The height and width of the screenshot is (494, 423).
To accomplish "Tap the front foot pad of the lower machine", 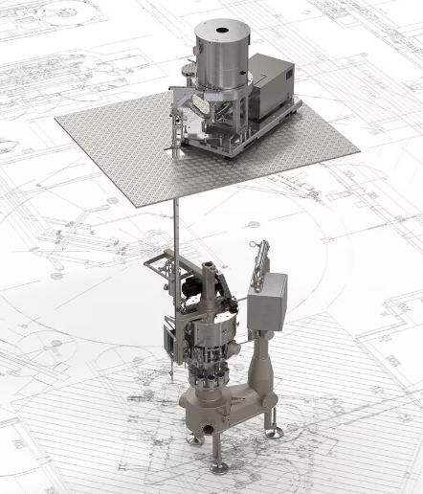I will (220, 467).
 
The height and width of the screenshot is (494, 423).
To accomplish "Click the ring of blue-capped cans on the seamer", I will (211, 375).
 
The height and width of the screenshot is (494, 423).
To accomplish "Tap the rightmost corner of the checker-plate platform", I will (358, 152).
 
